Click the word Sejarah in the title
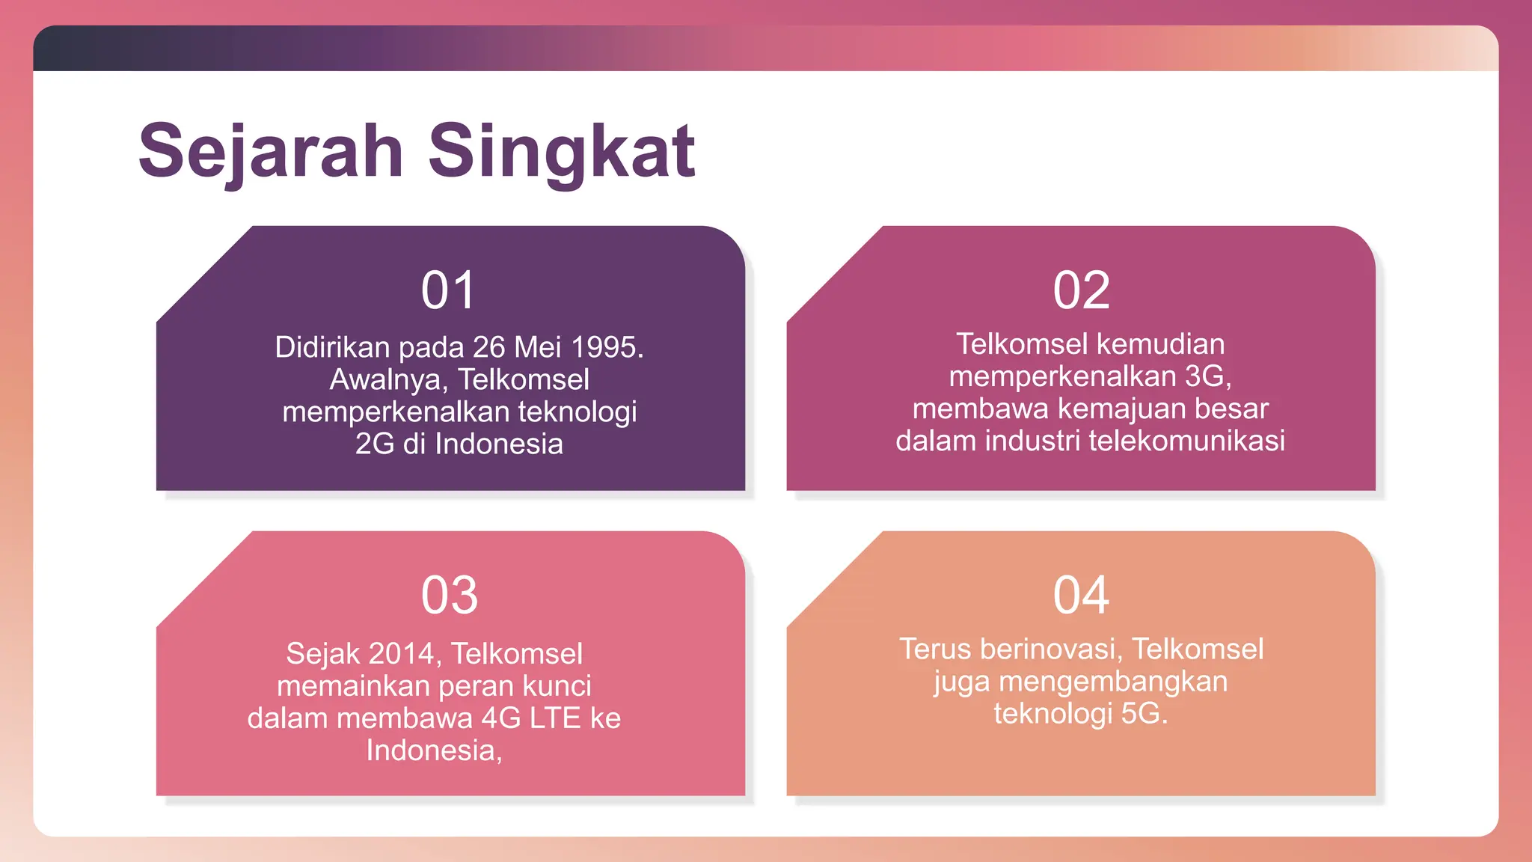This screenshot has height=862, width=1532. (x=271, y=152)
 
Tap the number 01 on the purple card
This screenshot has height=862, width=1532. (x=448, y=290)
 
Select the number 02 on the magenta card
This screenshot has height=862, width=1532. (x=1081, y=290)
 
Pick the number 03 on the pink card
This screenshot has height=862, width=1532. (x=449, y=596)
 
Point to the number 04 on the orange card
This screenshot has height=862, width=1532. (x=1081, y=596)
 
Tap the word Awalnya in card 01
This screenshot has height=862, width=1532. (x=388, y=379)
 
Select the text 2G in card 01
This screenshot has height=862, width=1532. (x=374, y=444)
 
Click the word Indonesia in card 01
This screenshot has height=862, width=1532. (x=499, y=444)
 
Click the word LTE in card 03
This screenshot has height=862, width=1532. (x=555, y=718)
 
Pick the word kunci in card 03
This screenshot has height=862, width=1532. (x=557, y=685)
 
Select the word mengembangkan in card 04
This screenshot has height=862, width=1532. (x=1113, y=681)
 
